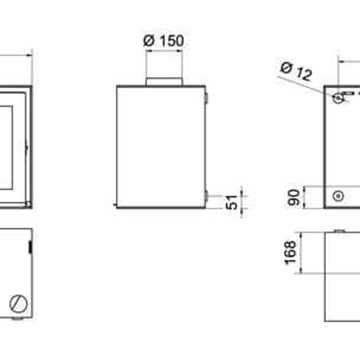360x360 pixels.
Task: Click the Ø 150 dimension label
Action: [164, 41]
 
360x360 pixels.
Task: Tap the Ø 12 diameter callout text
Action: [296, 71]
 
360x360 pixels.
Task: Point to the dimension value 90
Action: [293, 197]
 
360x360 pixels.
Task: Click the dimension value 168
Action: [291, 253]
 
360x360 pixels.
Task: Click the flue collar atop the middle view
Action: [164, 82]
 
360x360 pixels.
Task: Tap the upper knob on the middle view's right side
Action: [206, 98]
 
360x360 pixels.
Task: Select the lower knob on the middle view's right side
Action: [206, 196]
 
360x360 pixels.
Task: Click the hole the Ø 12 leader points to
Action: [338, 98]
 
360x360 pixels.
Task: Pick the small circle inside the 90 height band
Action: [339, 196]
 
